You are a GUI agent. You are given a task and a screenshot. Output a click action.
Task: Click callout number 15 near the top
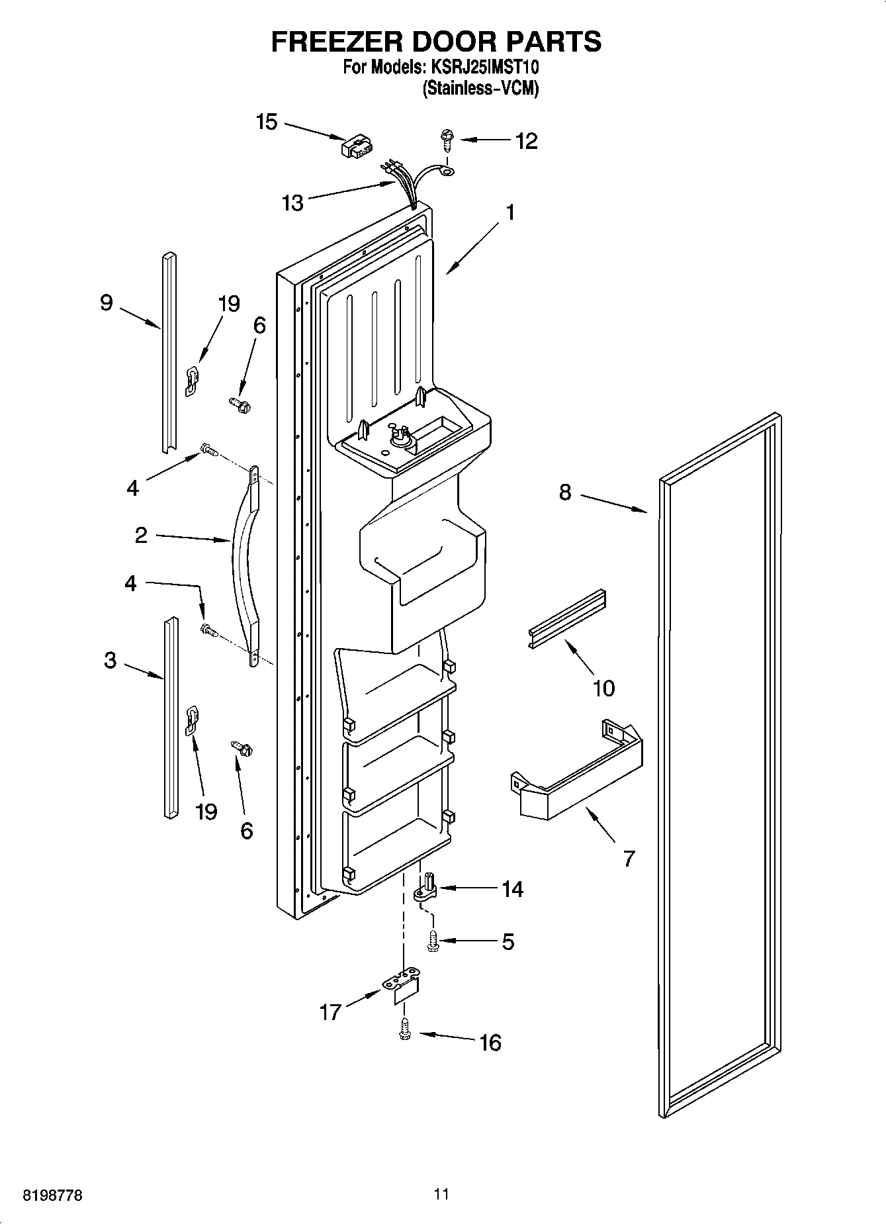[267, 122]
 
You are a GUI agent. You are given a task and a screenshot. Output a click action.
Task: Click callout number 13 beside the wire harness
[292, 203]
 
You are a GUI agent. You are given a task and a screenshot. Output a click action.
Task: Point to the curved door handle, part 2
[243, 563]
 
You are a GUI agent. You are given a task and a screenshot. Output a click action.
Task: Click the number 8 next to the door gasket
[565, 493]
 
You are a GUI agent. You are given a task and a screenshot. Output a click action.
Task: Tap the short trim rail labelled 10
[567, 618]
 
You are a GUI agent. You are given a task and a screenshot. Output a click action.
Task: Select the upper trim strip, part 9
[169, 351]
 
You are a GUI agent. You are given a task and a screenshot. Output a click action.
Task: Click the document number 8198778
[52, 1196]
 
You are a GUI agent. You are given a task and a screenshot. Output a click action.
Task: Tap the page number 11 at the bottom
[442, 1194]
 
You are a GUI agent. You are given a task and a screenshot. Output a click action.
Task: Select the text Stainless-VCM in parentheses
[480, 88]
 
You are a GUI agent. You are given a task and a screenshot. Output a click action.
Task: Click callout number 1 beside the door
[509, 212]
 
